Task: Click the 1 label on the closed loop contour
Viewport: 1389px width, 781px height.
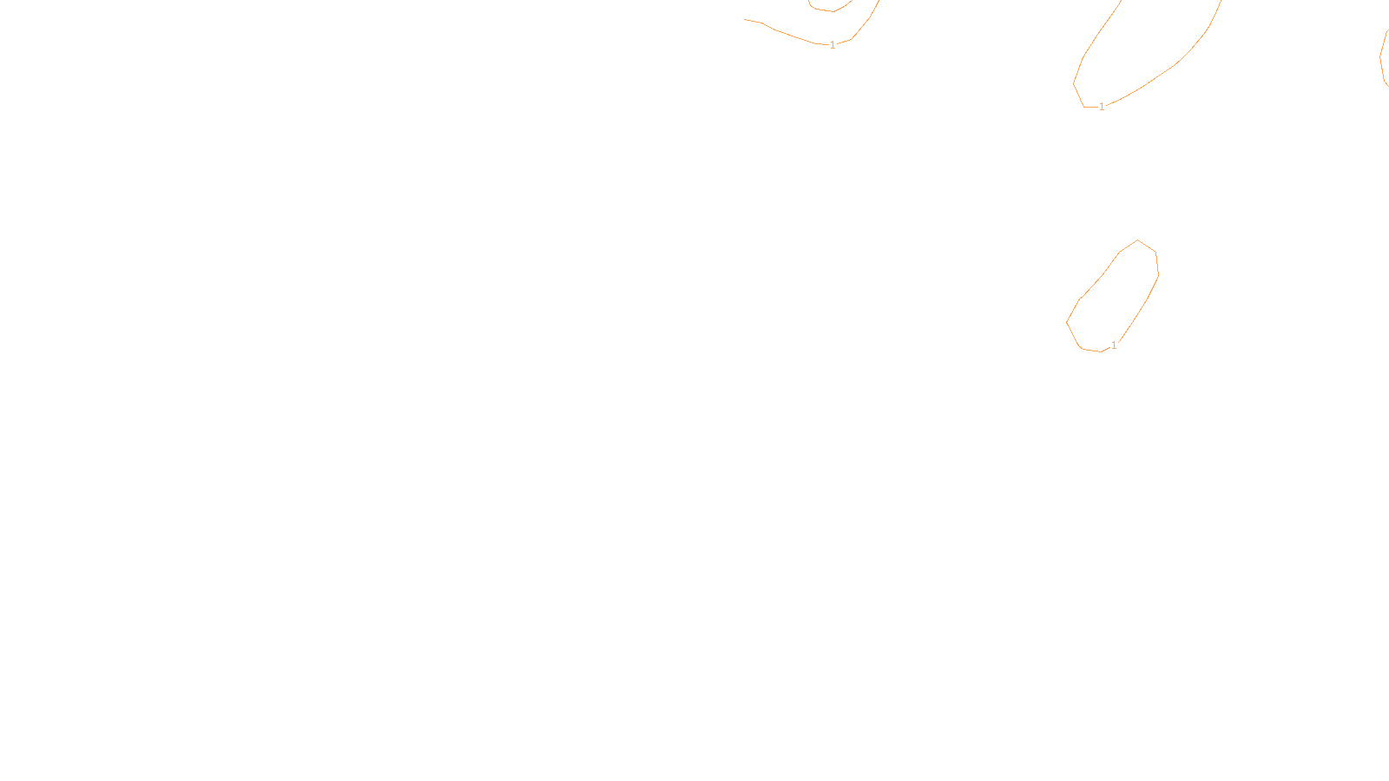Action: pyautogui.click(x=1114, y=345)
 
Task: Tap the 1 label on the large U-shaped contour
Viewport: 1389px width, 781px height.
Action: pyautogui.click(x=1102, y=107)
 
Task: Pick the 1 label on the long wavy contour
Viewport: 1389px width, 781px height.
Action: pyautogui.click(x=833, y=45)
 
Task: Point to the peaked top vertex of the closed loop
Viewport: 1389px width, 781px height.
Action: pyautogui.click(x=1138, y=240)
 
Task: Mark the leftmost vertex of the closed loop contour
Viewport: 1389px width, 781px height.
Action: pyautogui.click(x=1067, y=322)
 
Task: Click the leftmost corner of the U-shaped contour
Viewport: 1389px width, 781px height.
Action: pyautogui.click(x=1074, y=83)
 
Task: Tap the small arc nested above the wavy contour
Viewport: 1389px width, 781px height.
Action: pyautogui.click(x=831, y=10)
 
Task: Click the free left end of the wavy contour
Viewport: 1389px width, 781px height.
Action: pyautogui.click(x=745, y=19)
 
